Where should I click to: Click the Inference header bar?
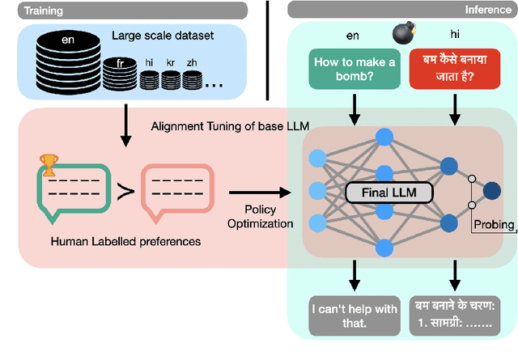pyautogui.click(x=402, y=11)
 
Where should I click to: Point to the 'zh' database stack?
pyautogui.click(x=192, y=80)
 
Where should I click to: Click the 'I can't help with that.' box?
pyautogui.click(x=354, y=314)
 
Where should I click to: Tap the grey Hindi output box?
pyautogui.click(x=456, y=314)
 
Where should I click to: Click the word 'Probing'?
pyautogui.click(x=493, y=224)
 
